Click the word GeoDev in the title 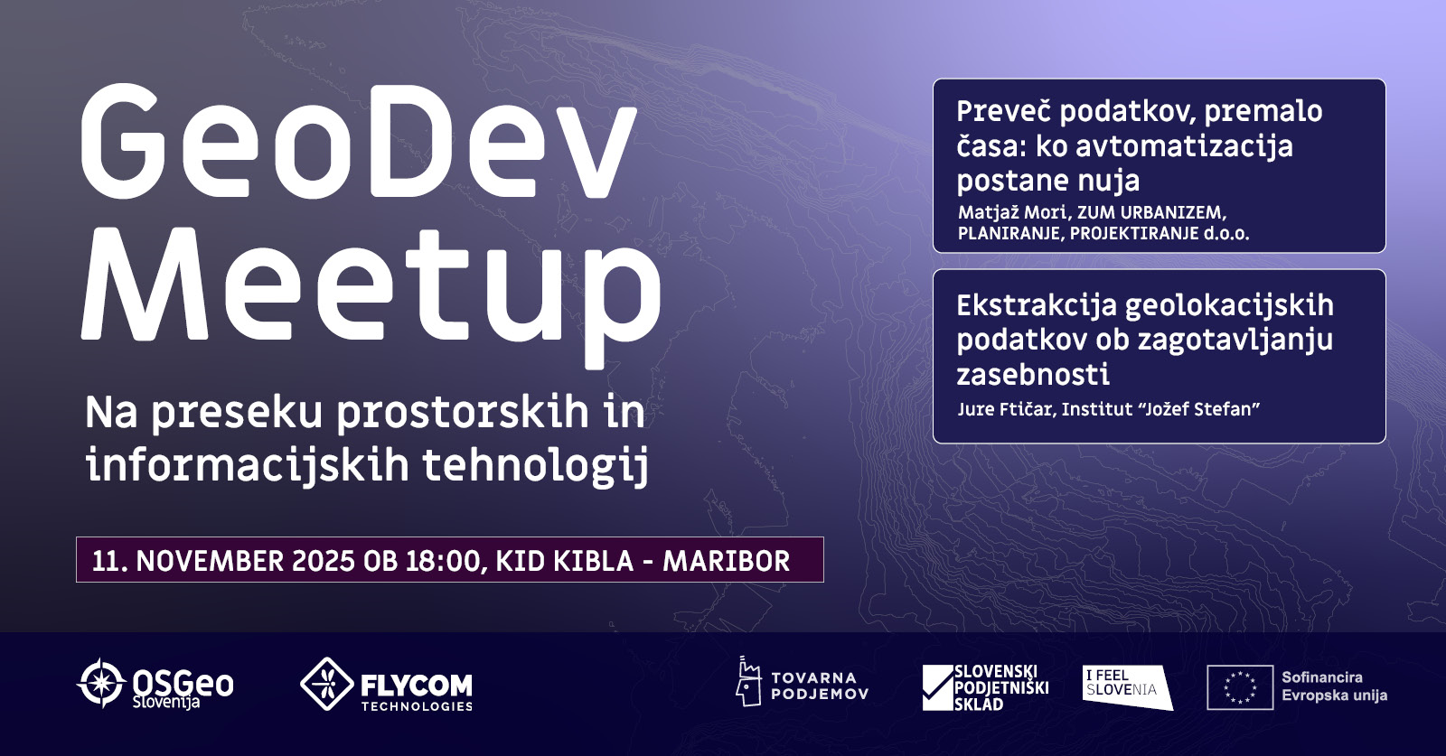359,141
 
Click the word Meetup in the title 371,297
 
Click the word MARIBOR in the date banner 727,561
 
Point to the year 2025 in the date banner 324,561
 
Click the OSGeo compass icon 100,683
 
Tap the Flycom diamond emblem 326,684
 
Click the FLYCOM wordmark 417,685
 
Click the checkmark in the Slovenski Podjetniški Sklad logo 938,687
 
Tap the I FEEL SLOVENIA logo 1127,687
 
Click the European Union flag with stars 1240,687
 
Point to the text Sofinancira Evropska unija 1334,686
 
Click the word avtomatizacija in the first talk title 1185,146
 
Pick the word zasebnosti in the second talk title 1033,374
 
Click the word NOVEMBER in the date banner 210,561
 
